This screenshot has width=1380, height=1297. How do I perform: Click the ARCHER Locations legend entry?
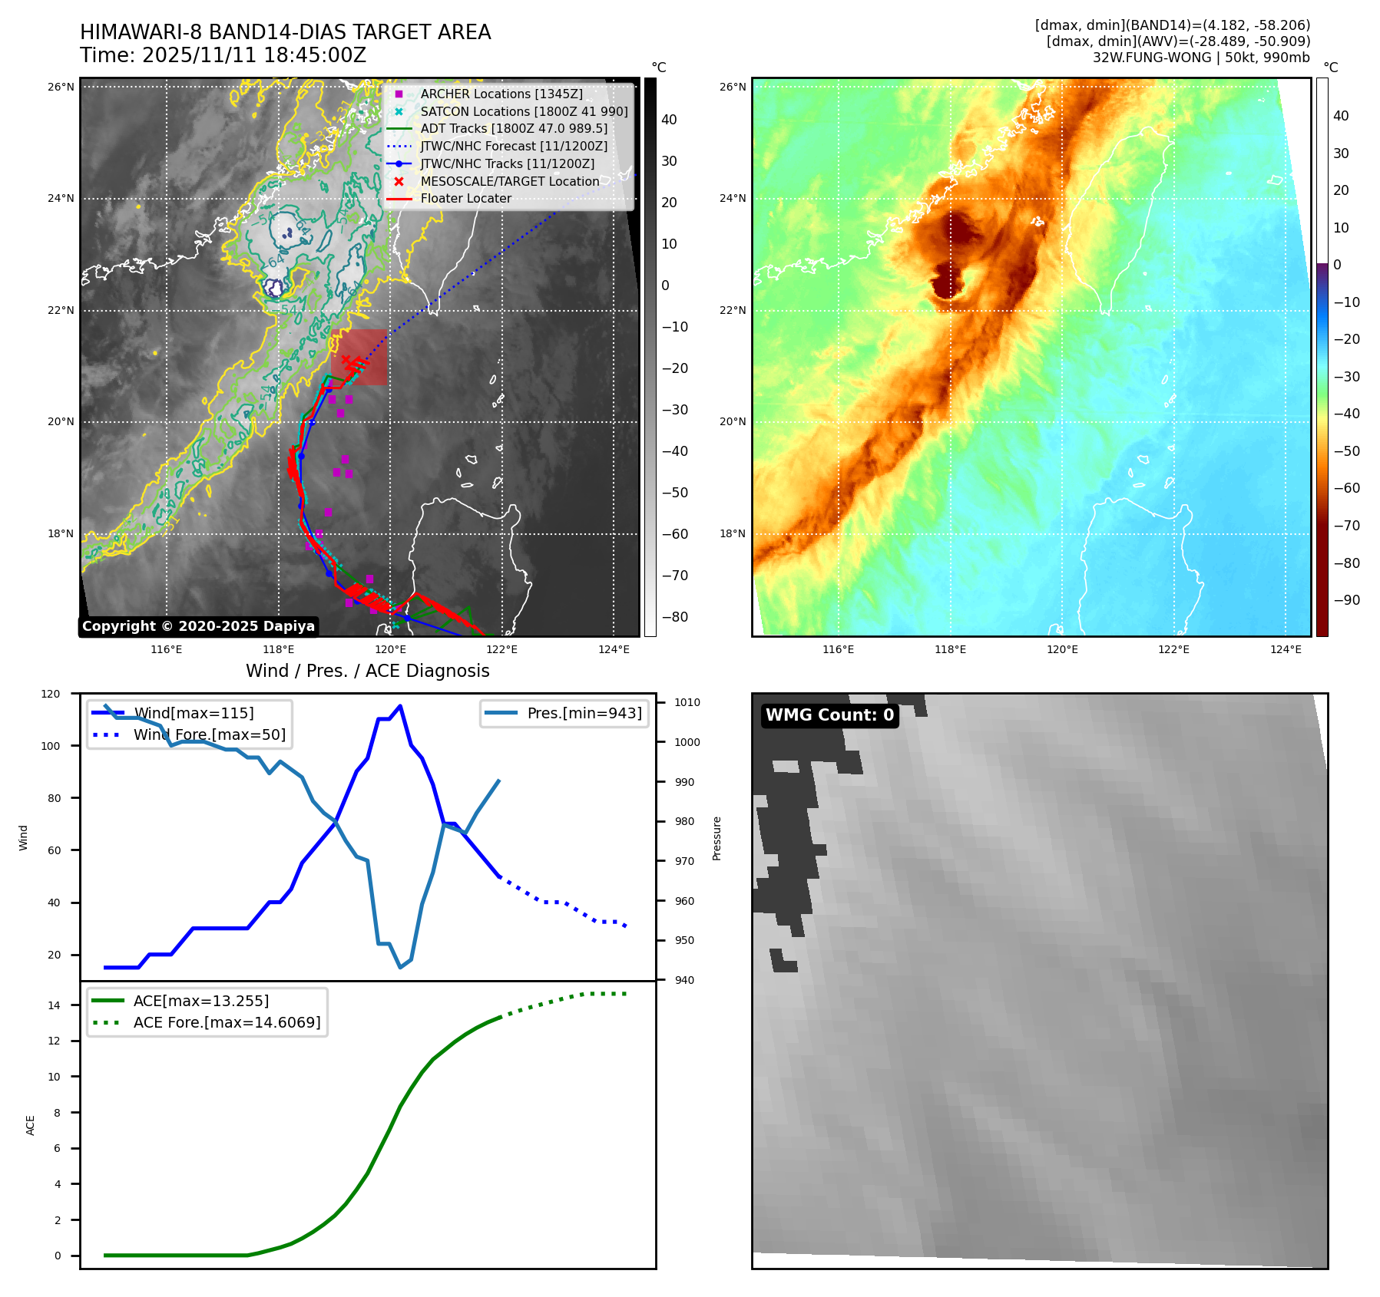point(501,94)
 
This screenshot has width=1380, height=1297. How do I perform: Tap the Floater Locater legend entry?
point(465,198)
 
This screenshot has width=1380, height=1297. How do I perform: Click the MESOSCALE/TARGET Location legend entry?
point(509,181)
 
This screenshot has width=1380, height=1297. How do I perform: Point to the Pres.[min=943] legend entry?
point(584,713)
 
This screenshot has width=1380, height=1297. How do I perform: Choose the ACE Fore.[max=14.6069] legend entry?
point(227,1022)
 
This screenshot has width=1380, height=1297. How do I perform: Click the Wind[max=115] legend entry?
point(194,713)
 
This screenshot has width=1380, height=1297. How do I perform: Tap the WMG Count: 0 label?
point(829,715)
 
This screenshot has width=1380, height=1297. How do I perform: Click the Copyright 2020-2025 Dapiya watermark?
point(198,626)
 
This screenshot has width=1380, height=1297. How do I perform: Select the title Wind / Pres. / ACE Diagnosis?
point(367,671)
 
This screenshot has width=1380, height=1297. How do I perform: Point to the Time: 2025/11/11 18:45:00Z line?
point(223,55)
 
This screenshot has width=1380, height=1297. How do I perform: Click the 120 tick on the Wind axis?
point(51,694)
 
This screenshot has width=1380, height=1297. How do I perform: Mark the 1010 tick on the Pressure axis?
point(687,702)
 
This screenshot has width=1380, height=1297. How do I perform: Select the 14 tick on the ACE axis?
point(55,1005)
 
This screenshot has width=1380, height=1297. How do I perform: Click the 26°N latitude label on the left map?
point(61,87)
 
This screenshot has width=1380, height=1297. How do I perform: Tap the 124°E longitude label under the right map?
point(1286,649)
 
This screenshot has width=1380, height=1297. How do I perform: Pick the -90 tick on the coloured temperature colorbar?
point(1347,600)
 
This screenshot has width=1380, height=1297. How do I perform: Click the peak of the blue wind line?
point(400,706)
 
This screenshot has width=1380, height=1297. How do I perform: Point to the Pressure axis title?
point(716,838)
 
